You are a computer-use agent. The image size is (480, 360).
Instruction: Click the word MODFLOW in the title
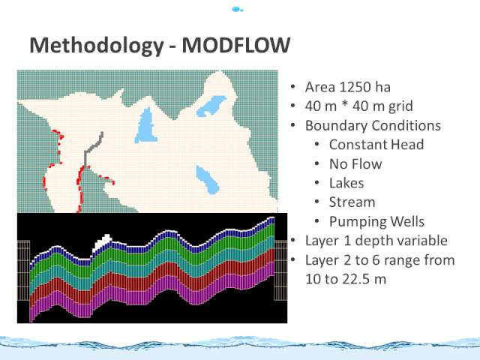click(x=236, y=45)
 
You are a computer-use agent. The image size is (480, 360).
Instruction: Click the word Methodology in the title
click(x=97, y=46)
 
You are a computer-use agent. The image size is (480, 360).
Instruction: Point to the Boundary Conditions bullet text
click(x=373, y=126)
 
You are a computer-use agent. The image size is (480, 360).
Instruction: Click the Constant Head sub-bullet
click(x=376, y=145)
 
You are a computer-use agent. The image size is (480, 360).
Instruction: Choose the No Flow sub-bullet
click(x=355, y=164)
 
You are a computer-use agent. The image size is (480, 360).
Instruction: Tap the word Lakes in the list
click(x=346, y=183)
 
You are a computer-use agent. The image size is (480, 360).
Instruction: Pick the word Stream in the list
click(x=352, y=202)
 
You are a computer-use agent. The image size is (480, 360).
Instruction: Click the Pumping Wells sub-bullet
click(x=376, y=222)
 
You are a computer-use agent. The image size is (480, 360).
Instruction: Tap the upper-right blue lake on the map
click(x=211, y=106)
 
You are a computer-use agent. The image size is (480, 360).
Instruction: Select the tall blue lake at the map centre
click(x=146, y=126)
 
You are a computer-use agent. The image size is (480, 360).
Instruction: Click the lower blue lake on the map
click(x=207, y=179)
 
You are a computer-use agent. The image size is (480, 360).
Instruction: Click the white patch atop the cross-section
click(x=102, y=241)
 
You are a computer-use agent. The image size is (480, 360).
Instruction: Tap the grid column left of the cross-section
click(x=23, y=270)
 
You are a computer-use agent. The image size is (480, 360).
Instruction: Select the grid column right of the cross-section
click(x=280, y=270)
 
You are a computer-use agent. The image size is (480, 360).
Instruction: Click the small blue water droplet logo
click(x=237, y=10)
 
